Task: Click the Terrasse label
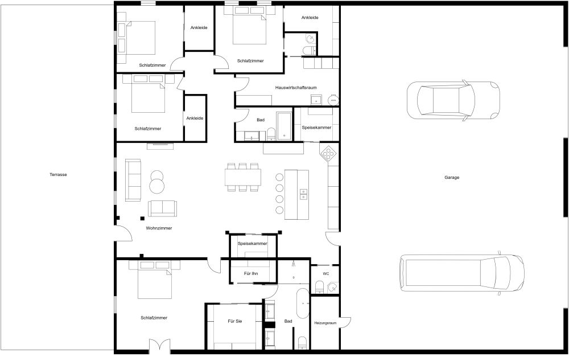click(58, 175)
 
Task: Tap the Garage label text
click(452, 178)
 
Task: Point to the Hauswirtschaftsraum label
click(295, 88)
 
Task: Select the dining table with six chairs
click(244, 178)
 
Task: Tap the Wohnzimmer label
click(159, 228)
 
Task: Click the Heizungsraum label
click(325, 323)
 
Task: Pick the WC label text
click(325, 274)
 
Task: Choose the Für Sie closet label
click(235, 322)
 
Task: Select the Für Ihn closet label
click(251, 274)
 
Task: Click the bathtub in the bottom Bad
click(302, 304)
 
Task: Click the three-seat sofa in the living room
click(133, 180)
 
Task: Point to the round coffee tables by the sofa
click(157, 181)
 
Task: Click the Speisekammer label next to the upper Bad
click(316, 128)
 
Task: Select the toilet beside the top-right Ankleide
click(309, 50)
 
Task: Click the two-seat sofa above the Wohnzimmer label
click(163, 208)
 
